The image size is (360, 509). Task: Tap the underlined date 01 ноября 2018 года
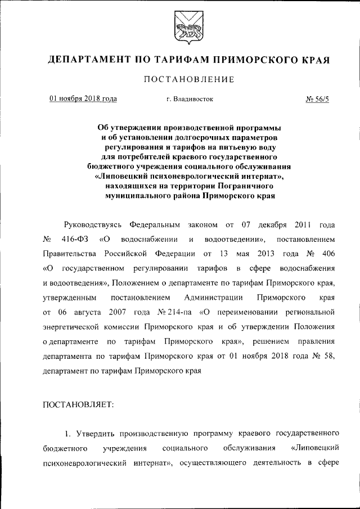[x=83, y=99]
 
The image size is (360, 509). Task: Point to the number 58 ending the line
[x=330, y=356]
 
